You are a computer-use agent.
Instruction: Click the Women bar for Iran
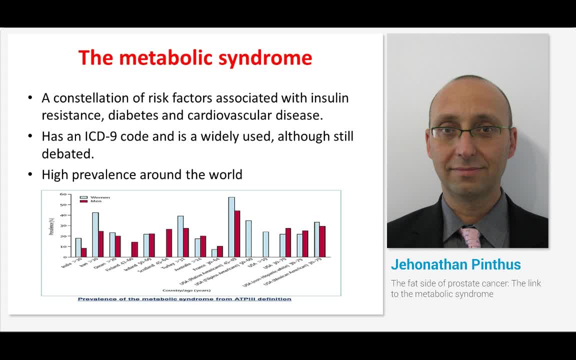(x=95, y=234)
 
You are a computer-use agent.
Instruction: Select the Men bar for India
(x=83, y=252)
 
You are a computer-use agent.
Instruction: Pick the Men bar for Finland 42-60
(x=134, y=249)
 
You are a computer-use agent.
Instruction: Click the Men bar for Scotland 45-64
(x=169, y=243)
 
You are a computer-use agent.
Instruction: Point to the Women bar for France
(x=214, y=253)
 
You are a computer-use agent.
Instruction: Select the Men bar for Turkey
(x=186, y=242)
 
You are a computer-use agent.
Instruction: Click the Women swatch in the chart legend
(x=84, y=197)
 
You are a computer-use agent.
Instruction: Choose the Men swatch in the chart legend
(x=84, y=201)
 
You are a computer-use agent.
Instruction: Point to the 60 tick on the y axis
(x=63, y=194)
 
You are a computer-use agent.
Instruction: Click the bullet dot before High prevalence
(x=31, y=175)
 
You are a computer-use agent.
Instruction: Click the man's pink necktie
(x=471, y=237)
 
